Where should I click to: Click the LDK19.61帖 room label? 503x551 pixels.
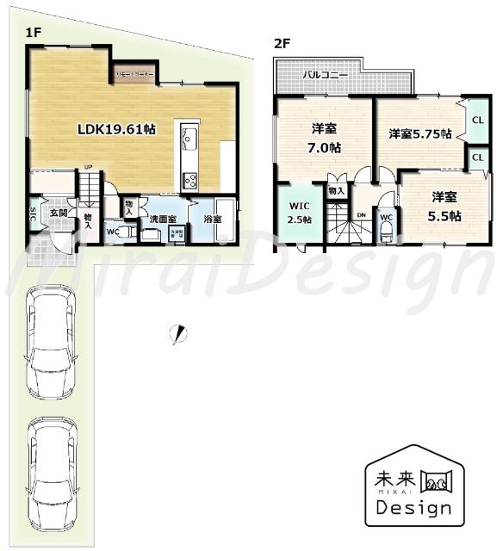tap(116, 129)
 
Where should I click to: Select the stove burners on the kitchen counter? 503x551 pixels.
tap(190, 180)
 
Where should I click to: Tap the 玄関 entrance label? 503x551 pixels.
tap(58, 212)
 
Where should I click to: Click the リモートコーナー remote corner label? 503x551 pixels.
tap(136, 75)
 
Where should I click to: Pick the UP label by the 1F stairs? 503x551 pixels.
tap(89, 168)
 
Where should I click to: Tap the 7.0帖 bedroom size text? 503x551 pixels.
tap(324, 147)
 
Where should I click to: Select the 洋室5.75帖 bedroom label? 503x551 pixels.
tap(419, 133)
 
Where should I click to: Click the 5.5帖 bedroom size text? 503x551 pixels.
tap(445, 216)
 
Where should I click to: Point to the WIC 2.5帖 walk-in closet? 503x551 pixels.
tap(299, 213)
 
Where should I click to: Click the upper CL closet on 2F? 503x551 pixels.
tap(477, 120)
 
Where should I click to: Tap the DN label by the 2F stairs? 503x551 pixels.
tap(361, 215)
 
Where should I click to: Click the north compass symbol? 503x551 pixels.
tap(179, 332)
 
